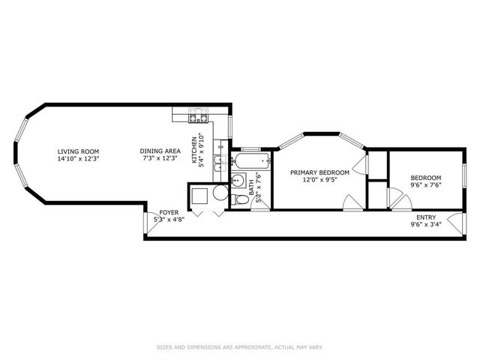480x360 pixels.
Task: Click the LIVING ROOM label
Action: (x=78, y=151)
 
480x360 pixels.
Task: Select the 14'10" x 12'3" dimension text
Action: (x=78, y=159)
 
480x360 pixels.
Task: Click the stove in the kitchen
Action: (x=198, y=116)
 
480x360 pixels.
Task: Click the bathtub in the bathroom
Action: (x=250, y=160)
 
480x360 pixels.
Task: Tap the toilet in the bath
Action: (x=238, y=199)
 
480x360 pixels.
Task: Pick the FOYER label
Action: (x=168, y=213)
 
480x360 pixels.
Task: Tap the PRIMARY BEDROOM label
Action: (x=319, y=172)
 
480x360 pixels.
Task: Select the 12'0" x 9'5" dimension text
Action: (x=319, y=180)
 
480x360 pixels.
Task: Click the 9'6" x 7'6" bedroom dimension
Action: (x=425, y=185)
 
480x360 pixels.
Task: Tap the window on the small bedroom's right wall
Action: (x=464, y=177)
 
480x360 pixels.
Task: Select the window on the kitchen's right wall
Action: (x=230, y=127)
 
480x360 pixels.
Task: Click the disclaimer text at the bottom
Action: (x=240, y=346)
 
